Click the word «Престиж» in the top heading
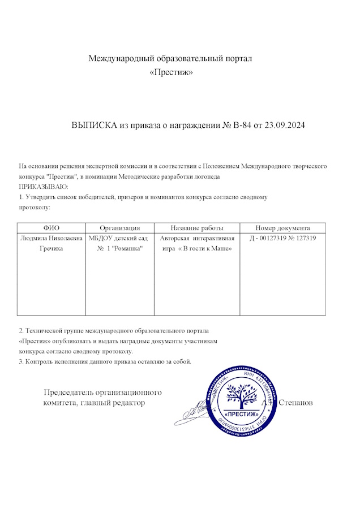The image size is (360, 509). pos(170,72)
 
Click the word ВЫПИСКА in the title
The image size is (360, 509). pos(93,125)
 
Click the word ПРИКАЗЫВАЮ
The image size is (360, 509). pos(44,187)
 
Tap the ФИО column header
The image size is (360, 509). pos(52,227)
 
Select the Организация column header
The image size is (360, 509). pos(119,227)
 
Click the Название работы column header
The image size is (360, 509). pos(197,227)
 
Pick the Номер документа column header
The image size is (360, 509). pos(282,227)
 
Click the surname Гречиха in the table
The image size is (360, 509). pos(52,249)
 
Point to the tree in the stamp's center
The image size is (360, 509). pos(243,395)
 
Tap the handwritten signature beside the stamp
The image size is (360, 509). pos(195,408)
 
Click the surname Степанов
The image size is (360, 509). pos(296,403)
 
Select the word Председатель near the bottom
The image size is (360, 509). pos(68,392)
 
